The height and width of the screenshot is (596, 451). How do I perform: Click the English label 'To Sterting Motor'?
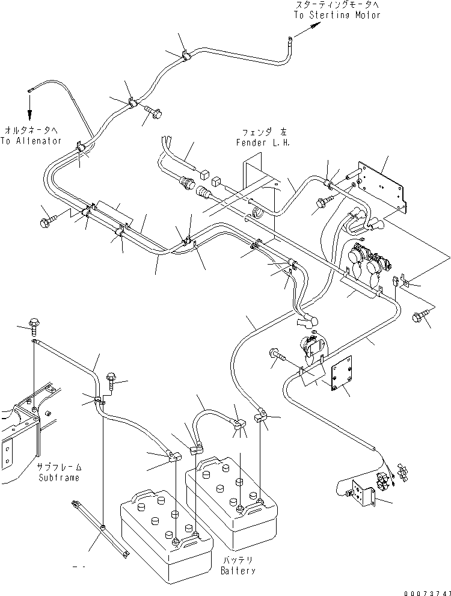(x=337, y=15)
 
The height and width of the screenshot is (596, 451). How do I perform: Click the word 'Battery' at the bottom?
(x=238, y=570)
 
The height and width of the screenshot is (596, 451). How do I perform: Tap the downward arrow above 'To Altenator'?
(x=28, y=111)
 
